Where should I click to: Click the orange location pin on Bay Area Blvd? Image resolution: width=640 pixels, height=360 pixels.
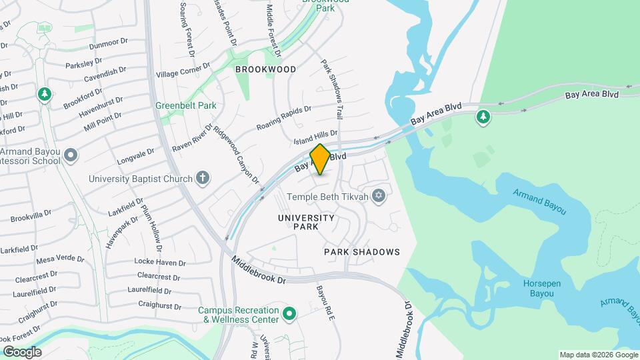tap(320, 159)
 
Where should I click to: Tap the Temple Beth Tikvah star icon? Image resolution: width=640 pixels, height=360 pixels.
tap(379, 195)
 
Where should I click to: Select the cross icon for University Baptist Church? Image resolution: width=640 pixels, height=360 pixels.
tap(203, 178)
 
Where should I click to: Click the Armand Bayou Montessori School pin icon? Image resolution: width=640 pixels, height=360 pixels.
tap(71, 156)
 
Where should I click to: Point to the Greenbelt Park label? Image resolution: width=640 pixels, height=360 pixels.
tap(177, 105)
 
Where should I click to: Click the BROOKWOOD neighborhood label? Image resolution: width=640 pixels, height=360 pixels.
tap(265, 69)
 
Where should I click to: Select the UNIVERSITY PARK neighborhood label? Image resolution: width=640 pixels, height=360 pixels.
tap(305, 222)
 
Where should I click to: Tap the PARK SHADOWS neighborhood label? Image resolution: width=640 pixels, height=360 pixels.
tap(362, 252)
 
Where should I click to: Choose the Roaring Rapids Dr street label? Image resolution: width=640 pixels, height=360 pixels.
tap(285, 117)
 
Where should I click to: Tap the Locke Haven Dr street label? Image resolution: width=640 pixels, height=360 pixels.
tap(160, 261)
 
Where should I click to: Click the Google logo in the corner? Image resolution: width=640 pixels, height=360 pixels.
tap(22, 352)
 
